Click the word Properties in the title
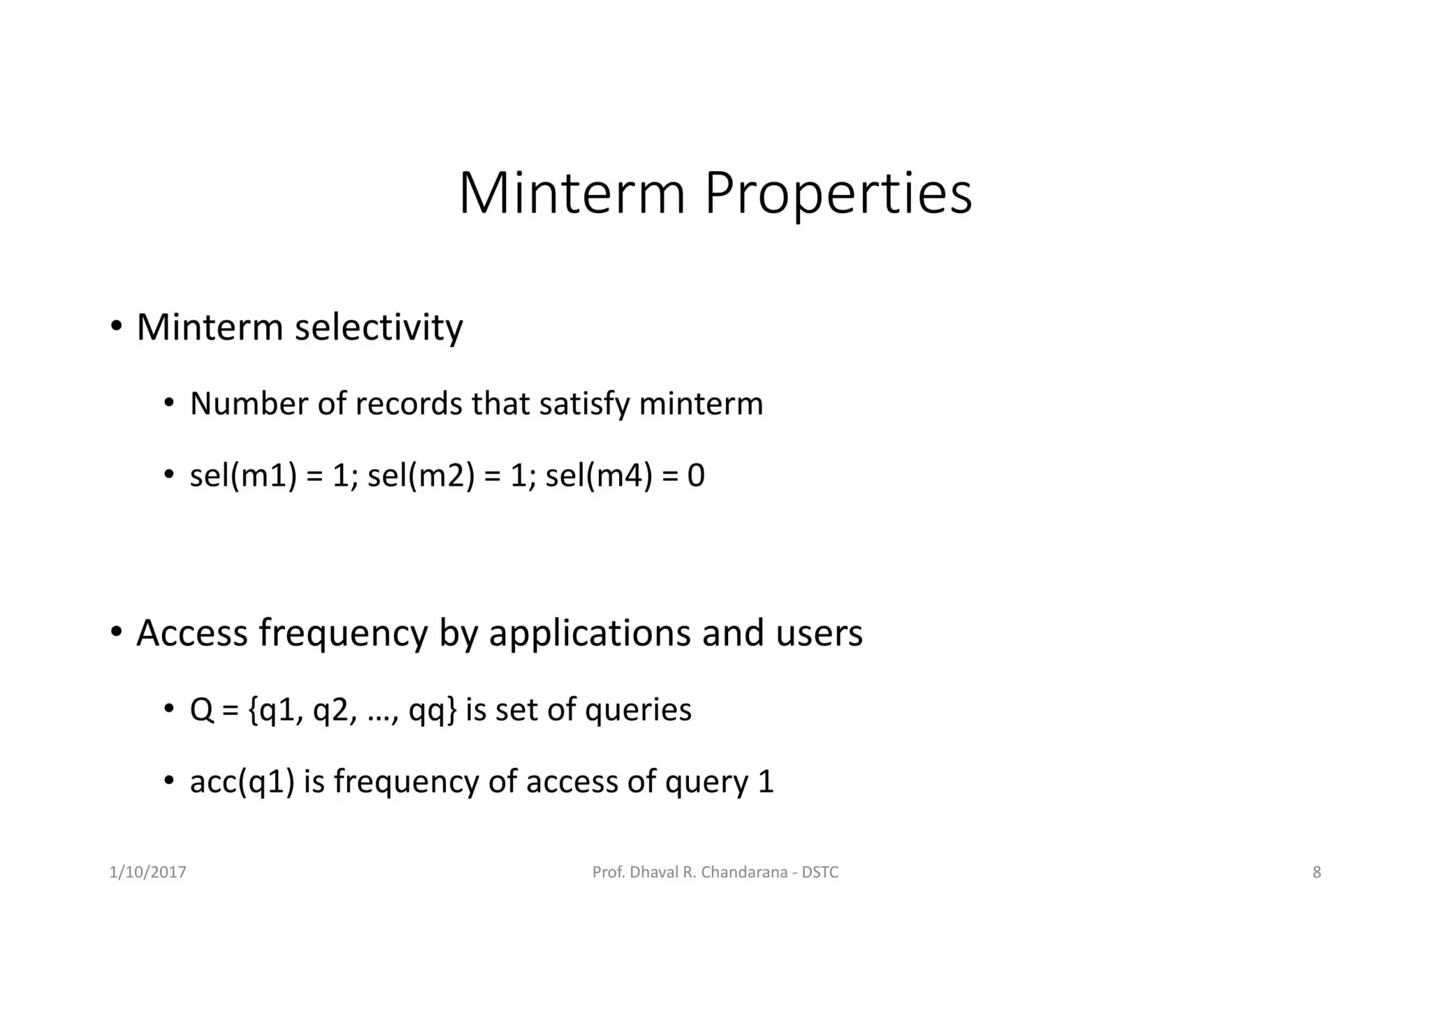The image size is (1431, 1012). pos(838,194)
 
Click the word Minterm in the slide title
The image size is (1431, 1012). pos(572,194)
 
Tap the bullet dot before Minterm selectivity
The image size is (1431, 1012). pos(117,326)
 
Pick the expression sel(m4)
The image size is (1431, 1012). pos(598,476)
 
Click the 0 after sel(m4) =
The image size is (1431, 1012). pos(696,476)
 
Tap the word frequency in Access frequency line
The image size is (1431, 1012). pos(342,633)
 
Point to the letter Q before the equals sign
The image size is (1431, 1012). pos(201,710)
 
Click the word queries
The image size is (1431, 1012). pos(637,710)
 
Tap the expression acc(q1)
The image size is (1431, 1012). pos(242,781)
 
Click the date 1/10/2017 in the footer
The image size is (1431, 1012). pos(148,872)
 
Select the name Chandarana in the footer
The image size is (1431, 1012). pos(744,872)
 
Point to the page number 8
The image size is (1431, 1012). pos(1316,872)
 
